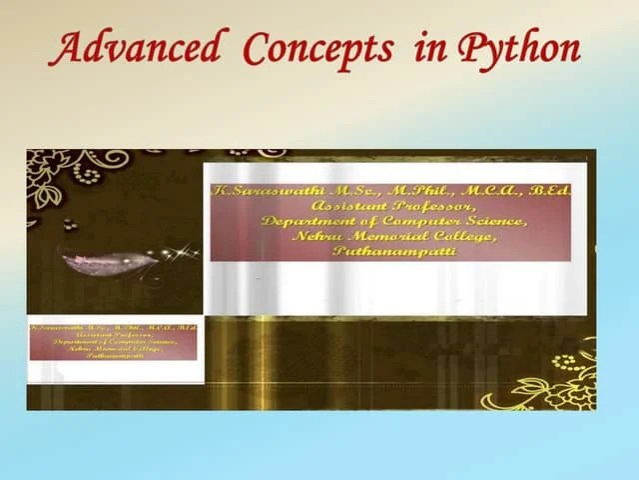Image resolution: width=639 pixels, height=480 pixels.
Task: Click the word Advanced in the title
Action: point(135,48)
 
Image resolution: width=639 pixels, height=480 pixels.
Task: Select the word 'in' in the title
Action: point(430,48)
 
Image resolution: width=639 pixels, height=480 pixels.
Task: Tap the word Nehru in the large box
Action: point(316,236)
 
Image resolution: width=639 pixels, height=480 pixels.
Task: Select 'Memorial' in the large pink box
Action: point(385,236)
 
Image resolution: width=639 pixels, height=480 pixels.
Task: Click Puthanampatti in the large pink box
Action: point(393,252)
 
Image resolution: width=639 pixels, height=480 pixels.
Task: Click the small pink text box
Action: point(114,341)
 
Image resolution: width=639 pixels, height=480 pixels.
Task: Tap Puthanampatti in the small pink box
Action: point(114,356)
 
